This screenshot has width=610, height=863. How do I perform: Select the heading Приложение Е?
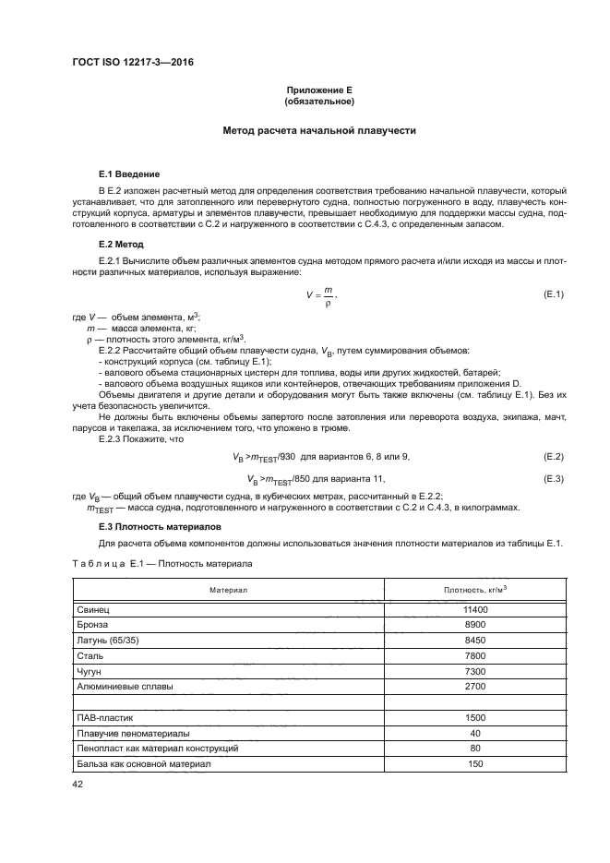click(x=319, y=90)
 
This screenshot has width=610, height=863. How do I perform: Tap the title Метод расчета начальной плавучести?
click(x=319, y=131)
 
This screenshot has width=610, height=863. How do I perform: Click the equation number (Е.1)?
click(x=554, y=294)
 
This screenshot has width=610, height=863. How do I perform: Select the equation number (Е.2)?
click(x=554, y=457)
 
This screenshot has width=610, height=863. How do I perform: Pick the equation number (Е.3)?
click(x=554, y=478)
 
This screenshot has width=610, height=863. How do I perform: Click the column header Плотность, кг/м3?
click(x=475, y=588)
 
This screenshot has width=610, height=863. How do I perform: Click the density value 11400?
click(x=475, y=610)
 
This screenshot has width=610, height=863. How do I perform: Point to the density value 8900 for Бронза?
click(x=475, y=625)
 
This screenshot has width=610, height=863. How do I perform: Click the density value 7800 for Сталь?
click(x=475, y=655)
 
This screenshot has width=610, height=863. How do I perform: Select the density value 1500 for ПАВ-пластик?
click(x=475, y=717)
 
